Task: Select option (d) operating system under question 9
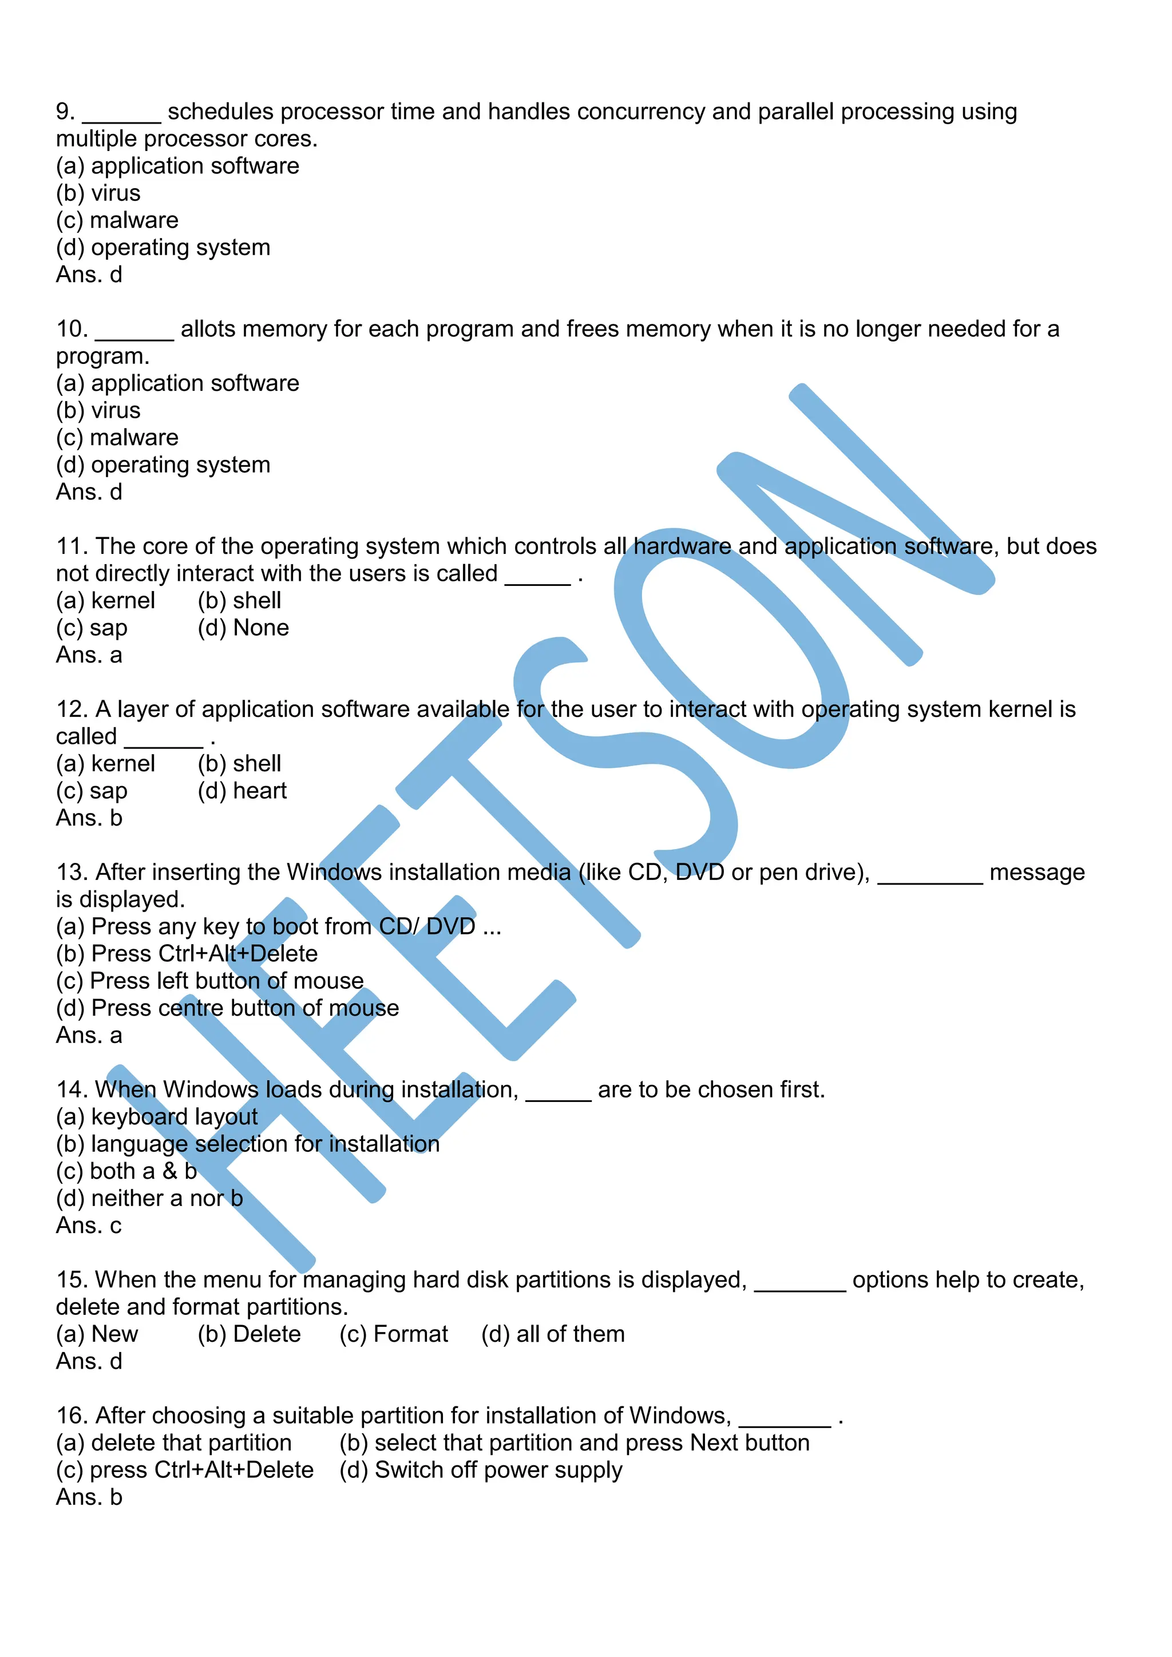click(163, 248)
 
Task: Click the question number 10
click(72, 329)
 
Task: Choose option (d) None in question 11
click(243, 628)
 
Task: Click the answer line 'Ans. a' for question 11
click(89, 655)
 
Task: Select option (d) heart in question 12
click(241, 791)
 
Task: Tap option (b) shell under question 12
click(239, 763)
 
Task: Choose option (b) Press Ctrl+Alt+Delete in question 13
click(187, 954)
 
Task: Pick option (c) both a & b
click(126, 1171)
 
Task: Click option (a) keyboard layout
click(157, 1117)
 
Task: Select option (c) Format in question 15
click(393, 1334)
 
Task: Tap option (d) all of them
click(553, 1334)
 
